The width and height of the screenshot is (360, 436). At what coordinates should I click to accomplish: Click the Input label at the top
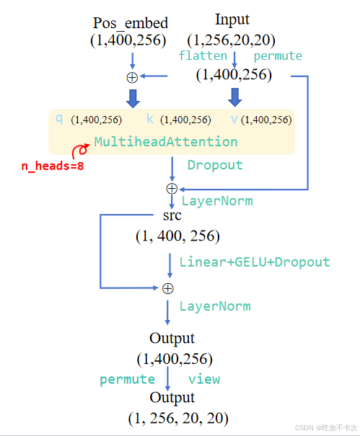(x=232, y=19)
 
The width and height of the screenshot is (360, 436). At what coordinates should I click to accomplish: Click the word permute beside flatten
(x=278, y=55)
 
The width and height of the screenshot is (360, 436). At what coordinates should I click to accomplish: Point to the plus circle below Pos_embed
(x=132, y=77)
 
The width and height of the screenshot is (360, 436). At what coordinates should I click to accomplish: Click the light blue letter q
(x=59, y=119)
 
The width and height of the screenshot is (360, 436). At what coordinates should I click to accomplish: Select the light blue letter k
(x=150, y=119)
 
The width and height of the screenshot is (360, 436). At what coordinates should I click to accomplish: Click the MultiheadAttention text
(x=166, y=141)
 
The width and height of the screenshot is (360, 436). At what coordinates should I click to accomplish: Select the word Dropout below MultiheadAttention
(x=215, y=165)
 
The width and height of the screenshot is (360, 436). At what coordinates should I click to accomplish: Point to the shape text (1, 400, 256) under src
(x=177, y=236)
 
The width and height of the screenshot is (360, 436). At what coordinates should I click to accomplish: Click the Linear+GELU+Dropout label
(x=254, y=262)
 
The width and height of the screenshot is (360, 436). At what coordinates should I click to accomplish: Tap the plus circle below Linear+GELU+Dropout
(x=168, y=288)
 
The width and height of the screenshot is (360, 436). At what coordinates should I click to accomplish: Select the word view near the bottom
(x=204, y=379)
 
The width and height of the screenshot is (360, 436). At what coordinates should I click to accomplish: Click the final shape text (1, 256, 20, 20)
(x=178, y=417)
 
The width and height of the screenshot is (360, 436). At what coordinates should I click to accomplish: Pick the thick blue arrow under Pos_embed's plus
(x=132, y=97)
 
